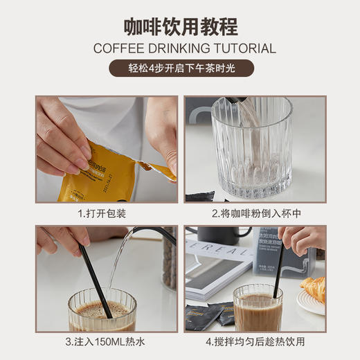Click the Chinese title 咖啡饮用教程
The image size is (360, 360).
(180, 27)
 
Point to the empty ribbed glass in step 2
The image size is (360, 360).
(249, 149)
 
